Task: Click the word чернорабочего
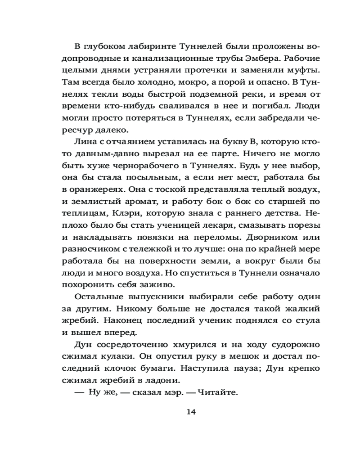155,166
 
